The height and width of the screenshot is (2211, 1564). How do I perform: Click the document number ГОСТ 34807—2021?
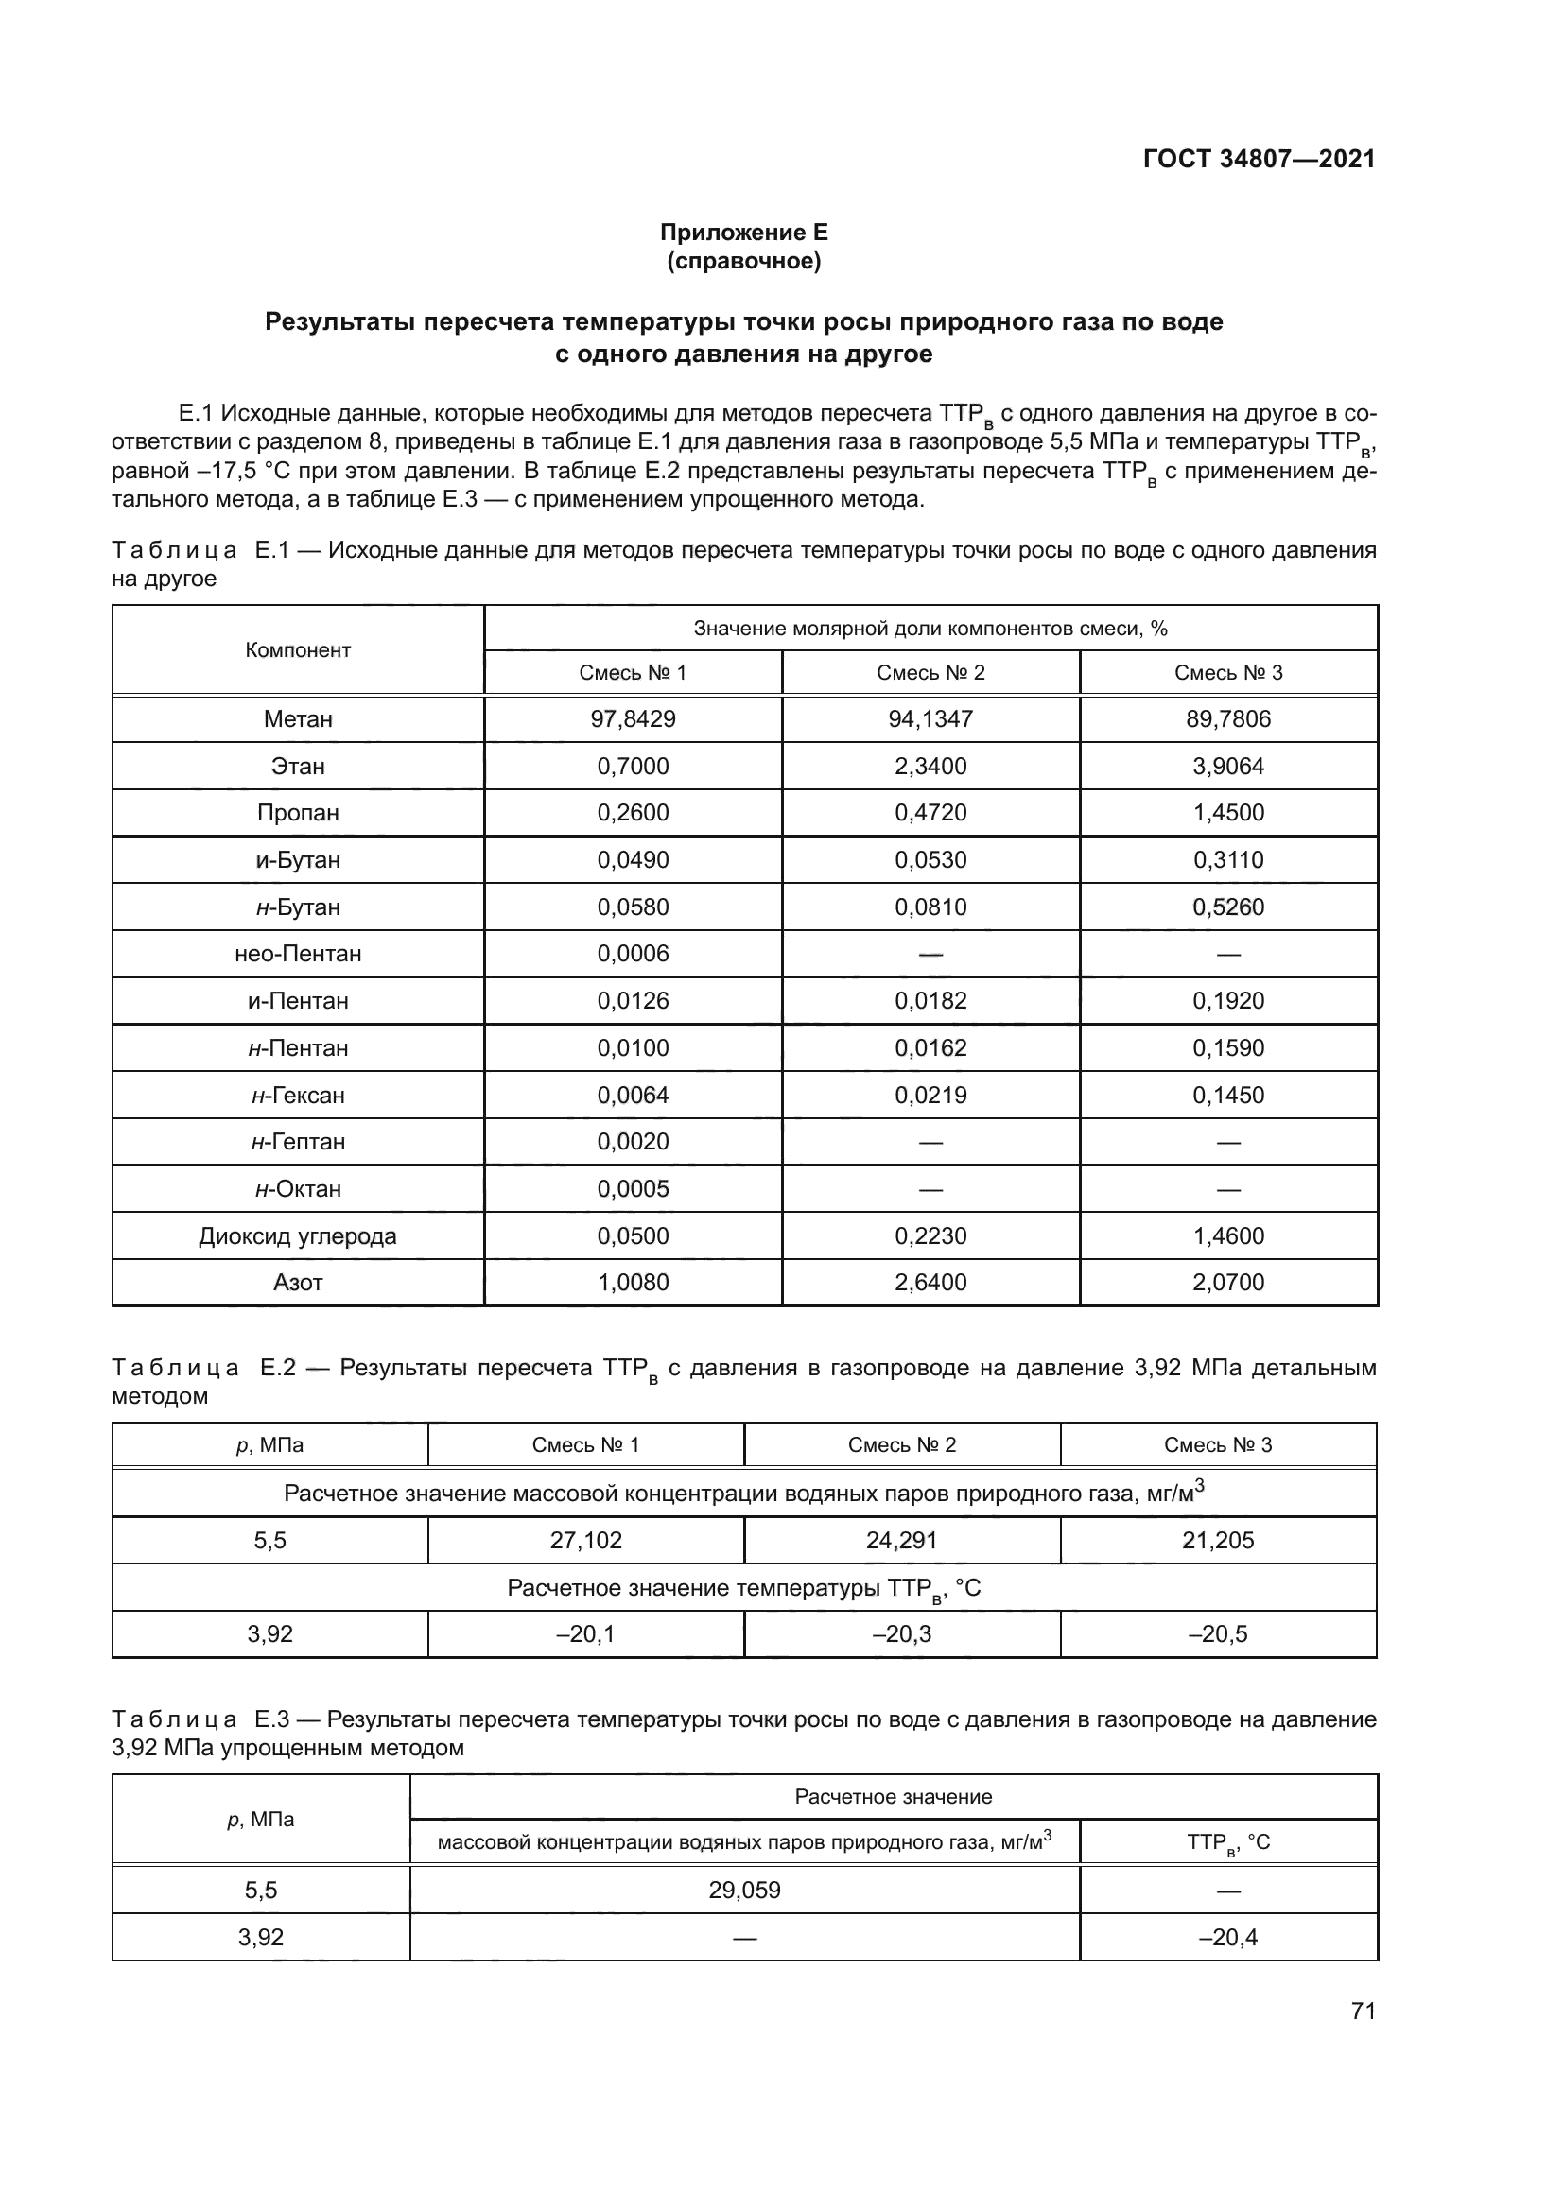tap(1259, 159)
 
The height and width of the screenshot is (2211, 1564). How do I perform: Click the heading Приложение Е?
tap(743, 233)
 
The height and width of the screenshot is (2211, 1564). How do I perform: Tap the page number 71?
tap(1363, 2011)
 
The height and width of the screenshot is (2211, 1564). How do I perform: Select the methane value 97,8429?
tap(633, 719)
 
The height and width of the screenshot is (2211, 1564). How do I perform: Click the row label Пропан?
tap(298, 813)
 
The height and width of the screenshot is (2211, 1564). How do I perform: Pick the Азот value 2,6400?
tap(930, 1283)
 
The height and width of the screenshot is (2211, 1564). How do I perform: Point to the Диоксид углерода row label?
tap(298, 1236)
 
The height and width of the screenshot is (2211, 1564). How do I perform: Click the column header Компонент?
tap(298, 650)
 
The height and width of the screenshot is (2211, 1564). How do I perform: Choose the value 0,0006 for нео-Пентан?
tap(633, 954)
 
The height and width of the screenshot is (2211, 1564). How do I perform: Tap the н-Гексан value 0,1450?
tap(1228, 1095)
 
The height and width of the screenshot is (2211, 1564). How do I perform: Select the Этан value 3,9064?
tap(1228, 767)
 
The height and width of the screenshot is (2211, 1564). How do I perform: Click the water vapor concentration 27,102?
tap(585, 1540)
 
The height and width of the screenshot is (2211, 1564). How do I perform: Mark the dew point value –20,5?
tap(1217, 1634)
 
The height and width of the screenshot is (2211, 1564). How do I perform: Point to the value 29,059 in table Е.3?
tap(744, 1891)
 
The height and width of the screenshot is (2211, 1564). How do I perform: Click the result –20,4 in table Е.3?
tap(1228, 1938)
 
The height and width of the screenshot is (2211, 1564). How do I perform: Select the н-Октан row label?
tap(298, 1189)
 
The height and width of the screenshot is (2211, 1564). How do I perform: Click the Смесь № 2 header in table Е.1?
tap(930, 673)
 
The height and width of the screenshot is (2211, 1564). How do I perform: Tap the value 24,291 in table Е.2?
tap(901, 1540)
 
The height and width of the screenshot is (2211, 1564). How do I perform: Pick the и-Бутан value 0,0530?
tap(930, 860)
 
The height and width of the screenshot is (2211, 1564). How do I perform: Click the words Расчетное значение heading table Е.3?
tap(893, 1797)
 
